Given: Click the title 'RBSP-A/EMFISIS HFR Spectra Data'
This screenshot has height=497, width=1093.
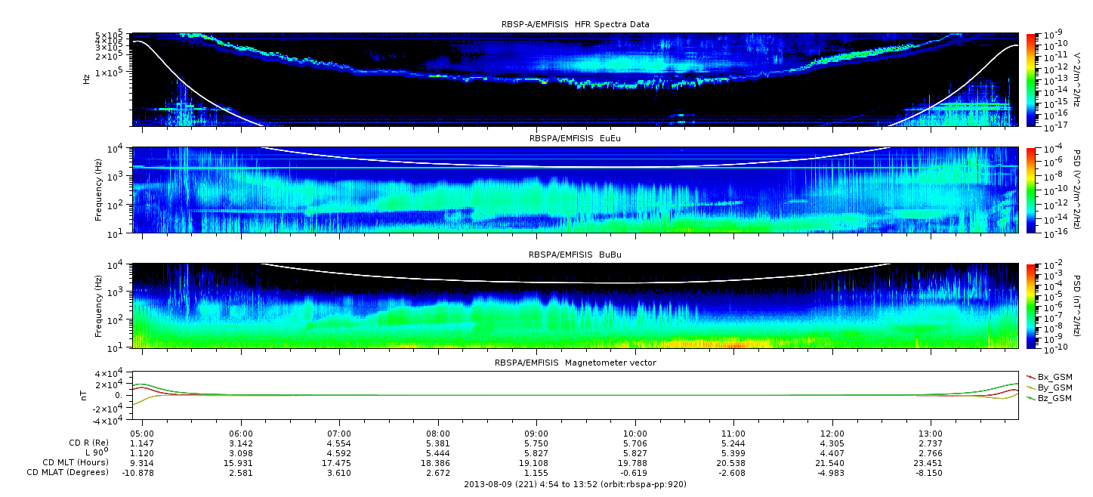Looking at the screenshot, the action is click(576, 24).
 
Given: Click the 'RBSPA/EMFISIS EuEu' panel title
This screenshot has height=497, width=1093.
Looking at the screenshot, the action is click(575, 138).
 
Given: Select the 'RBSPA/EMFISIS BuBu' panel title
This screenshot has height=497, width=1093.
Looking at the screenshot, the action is click(575, 255).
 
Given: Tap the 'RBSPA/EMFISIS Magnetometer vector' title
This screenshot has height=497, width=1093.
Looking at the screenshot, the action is click(576, 363).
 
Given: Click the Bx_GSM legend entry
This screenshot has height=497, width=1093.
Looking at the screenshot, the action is click(1049, 377).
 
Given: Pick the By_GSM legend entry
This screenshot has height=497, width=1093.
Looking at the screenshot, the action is click(1049, 387).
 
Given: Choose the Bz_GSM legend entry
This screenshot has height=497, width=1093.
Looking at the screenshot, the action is click(1049, 398).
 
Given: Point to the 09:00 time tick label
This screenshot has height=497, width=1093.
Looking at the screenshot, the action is click(536, 434).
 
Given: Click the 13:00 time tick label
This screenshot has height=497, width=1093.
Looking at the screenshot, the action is click(931, 434).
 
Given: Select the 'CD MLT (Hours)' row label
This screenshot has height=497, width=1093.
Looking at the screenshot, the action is click(76, 462).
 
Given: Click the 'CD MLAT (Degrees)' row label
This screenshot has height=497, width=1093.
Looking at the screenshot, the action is click(68, 472).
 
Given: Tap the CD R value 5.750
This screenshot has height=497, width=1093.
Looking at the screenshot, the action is click(536, 444).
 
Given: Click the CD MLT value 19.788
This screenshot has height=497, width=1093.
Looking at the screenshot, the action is click(634, 463).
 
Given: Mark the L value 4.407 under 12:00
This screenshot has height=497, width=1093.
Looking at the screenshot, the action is click(832, 453).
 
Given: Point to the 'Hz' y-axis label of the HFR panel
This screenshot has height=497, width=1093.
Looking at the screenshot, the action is click(86, 79).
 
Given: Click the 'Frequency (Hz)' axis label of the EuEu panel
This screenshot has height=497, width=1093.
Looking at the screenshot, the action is click(98, 190).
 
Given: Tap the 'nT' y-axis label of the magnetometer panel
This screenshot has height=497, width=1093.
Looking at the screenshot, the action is click(83, 395).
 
